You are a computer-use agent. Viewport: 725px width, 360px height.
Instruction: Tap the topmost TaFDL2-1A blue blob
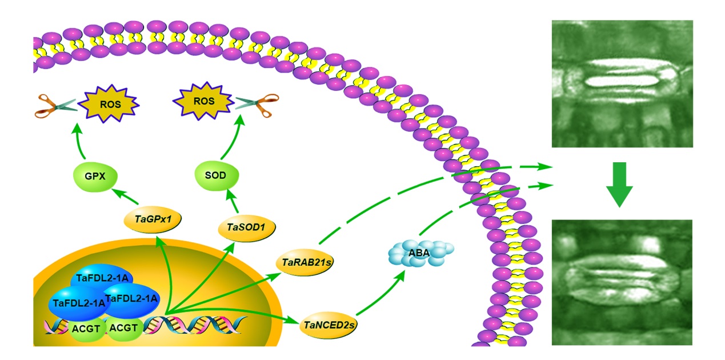tap(101, 278)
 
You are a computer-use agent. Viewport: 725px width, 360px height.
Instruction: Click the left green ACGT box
tap(86, 329)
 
